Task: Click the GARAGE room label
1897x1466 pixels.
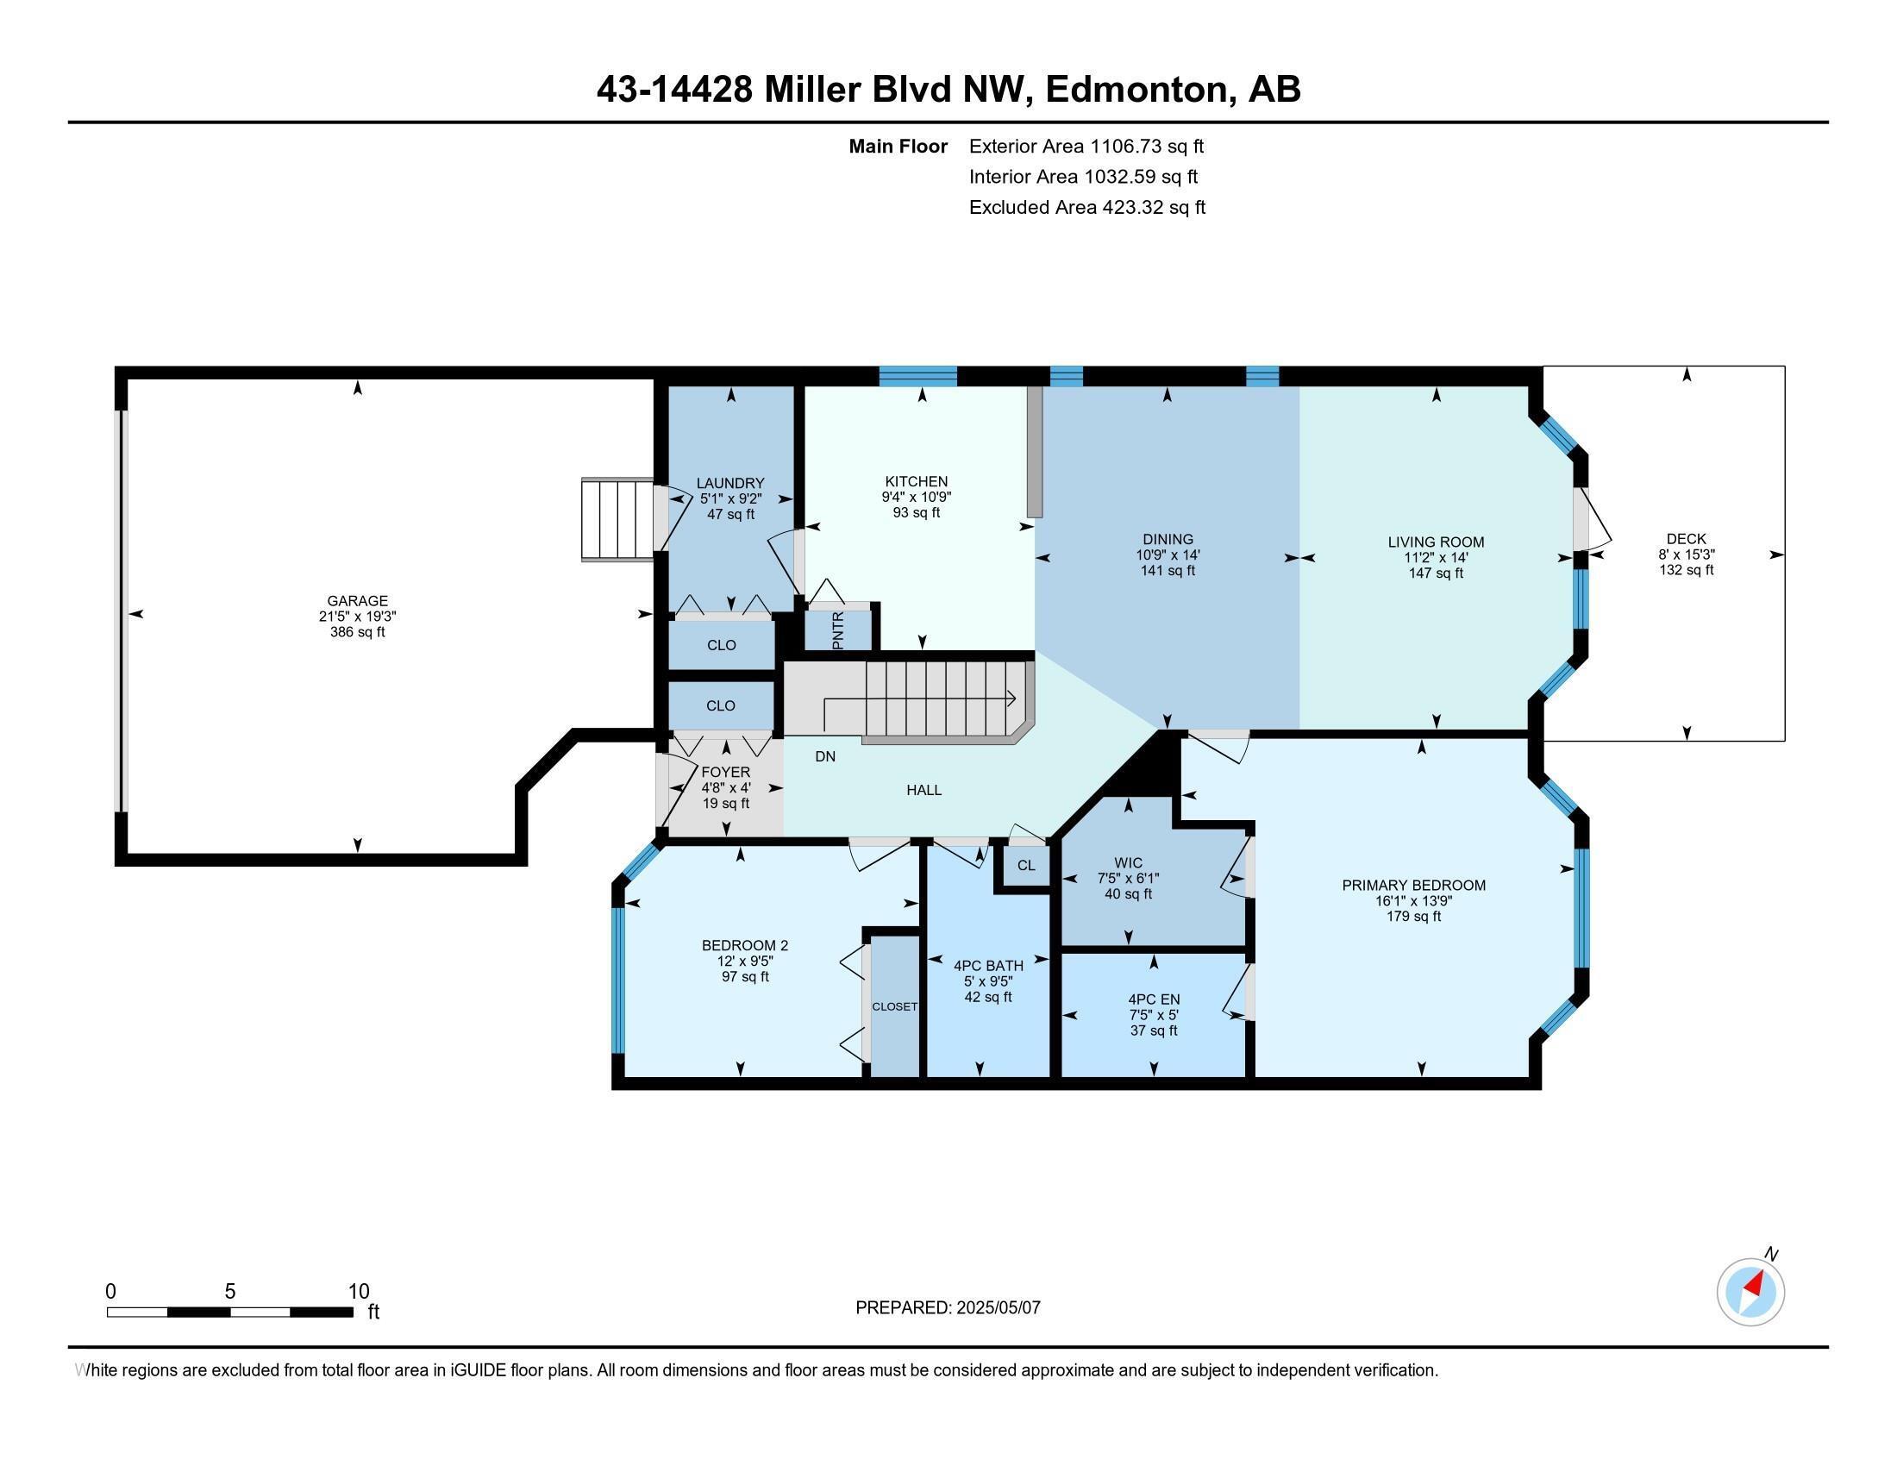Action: (x=357, y=600)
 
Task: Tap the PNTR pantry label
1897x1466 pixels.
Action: (x=837, y=630)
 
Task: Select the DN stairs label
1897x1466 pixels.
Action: (x=825, y=756)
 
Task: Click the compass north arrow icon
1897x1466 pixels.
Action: (x=1750, y=1292)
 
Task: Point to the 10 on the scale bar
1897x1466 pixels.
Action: (x=358, y=1291)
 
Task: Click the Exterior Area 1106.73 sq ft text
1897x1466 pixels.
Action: (x=1086, y=146)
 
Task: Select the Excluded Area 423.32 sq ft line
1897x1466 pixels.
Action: (x=1086, y=207)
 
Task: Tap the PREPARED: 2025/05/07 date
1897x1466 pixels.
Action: (x=948, y=1307)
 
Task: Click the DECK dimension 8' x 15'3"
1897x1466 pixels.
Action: (x=1686, y=554)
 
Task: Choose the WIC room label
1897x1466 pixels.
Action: (x=1128, y=862)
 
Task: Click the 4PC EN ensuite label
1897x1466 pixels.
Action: (x=1154, y=999)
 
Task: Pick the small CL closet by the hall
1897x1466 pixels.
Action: (x=1026, y=865)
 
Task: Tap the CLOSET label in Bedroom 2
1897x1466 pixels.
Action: (x=894, y=1006)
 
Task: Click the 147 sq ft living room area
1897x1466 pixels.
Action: (x=1436, y=573)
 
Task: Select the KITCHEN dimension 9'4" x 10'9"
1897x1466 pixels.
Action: (x=916, y=497)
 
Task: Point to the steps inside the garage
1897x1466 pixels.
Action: (x=617, y=519)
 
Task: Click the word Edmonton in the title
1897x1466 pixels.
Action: (x=1136, y=90)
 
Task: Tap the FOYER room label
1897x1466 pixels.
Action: (x=725, y=772)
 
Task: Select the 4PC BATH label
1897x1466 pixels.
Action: (x=987, y=965)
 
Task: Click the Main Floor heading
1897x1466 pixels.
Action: (x=898, y=146)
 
